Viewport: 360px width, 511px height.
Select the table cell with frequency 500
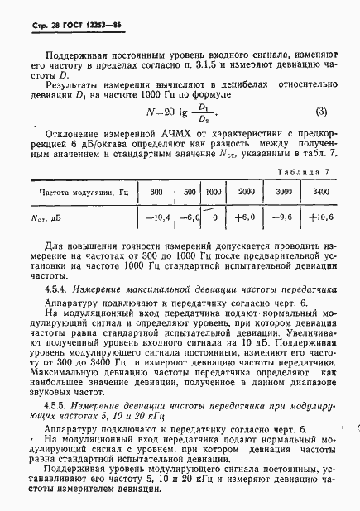point(190,192)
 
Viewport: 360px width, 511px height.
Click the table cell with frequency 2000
point(246,192)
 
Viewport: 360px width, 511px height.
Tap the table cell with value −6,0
point(190,218)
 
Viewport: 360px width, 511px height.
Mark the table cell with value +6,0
point(246,218)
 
